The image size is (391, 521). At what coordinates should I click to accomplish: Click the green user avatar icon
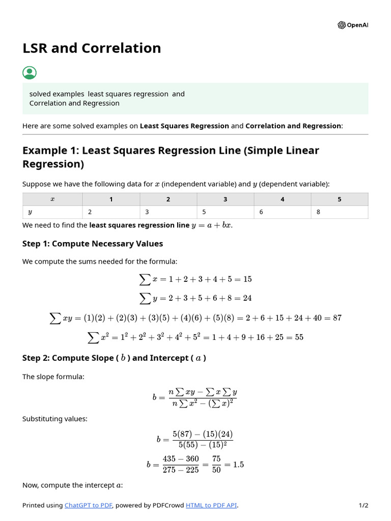click(30, 73)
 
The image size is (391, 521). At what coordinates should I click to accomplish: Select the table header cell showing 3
click(225, 199)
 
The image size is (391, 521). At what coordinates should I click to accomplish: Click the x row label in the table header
click(52, 199)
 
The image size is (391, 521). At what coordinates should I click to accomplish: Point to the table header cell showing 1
click(111, 199)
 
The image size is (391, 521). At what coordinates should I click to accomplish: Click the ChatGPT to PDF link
click(88, 505)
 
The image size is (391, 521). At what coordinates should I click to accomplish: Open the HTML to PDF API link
click(211, 505)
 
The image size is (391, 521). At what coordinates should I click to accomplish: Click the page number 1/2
click(363, 505)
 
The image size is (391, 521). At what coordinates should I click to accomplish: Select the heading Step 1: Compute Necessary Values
click(93, 244)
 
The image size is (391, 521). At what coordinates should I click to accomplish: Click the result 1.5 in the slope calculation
click(238, 465)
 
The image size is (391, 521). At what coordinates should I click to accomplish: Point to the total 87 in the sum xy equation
click(337, 318)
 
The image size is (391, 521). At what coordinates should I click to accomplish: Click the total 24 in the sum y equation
click(247, 298)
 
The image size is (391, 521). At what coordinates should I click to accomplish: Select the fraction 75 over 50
click(216, 464)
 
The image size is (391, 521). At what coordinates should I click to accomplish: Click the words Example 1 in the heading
click(50, 151)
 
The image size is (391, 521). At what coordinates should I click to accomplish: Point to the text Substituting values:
click(54, 419)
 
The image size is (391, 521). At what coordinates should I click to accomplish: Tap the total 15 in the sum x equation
click(247, 279)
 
